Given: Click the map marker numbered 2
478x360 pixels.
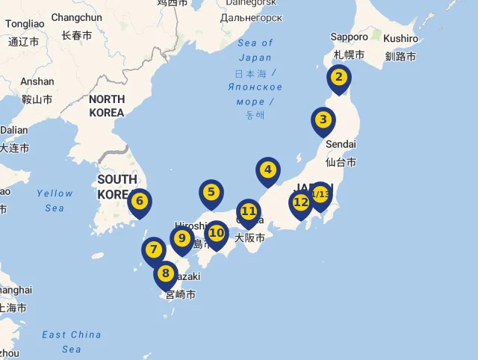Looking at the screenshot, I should (339, 77).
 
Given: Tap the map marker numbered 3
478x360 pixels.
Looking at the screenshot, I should (323, 120).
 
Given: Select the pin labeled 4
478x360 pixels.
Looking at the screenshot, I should (267, 170).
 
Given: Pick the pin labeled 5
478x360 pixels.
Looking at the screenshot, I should (211, 193).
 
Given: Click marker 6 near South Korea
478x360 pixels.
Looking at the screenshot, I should (139, 201).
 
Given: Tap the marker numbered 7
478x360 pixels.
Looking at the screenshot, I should (153, 250).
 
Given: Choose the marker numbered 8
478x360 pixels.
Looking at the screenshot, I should (166, 274).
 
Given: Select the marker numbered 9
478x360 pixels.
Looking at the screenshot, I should (181, 239).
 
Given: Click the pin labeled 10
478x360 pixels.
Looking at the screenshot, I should (217, 233).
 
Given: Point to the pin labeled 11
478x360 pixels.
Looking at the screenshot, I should (249, 211).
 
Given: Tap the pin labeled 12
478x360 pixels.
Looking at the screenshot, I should (300, 202).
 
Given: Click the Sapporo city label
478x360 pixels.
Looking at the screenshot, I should (350, 37).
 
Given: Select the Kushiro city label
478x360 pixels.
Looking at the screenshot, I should (401, 38).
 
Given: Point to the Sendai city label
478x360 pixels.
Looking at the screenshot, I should (341, 143).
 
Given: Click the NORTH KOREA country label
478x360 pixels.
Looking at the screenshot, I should (106, 105).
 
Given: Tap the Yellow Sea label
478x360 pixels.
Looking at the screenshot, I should (55, 200).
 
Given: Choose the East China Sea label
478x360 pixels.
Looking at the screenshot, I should (72, 341).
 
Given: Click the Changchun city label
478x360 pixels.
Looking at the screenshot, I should (76, 17).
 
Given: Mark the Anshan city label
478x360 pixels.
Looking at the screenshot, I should (37, 81).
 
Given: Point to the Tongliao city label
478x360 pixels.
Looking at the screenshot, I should (25, 24).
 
